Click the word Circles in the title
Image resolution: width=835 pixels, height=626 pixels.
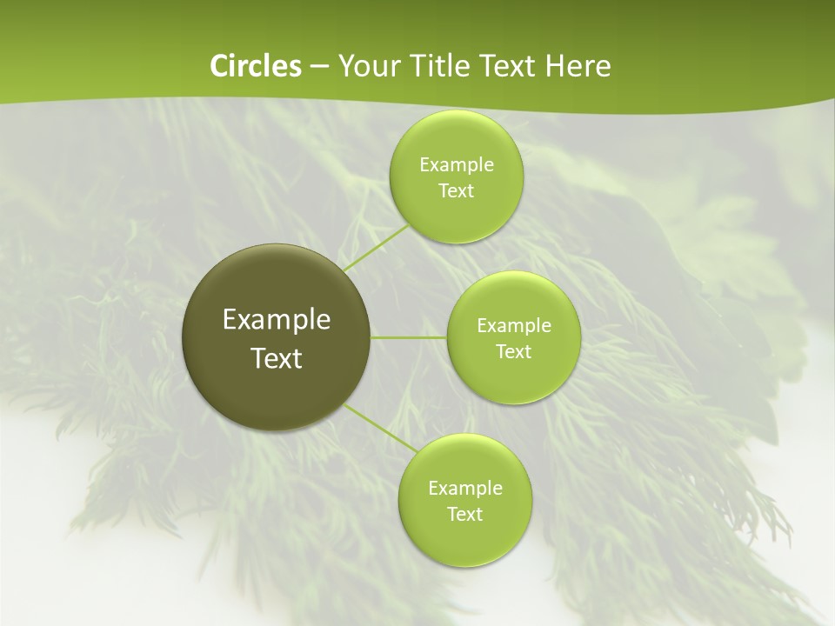click(256, 66)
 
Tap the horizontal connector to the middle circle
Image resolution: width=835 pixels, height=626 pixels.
click(409, 337)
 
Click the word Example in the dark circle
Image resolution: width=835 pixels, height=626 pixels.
click(277, 320)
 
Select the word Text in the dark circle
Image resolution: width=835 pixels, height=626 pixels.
click(277, 358)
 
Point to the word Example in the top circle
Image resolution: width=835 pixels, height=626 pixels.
click(457, 165)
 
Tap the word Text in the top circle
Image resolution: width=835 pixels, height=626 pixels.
click(456, 191)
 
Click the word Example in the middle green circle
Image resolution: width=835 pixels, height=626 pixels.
click(514, 326)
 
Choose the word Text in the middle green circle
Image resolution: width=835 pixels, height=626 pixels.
click(514, 352)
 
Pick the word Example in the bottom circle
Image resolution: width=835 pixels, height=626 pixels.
click(465, 489)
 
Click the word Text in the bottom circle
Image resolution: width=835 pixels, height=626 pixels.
click(465, 515)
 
